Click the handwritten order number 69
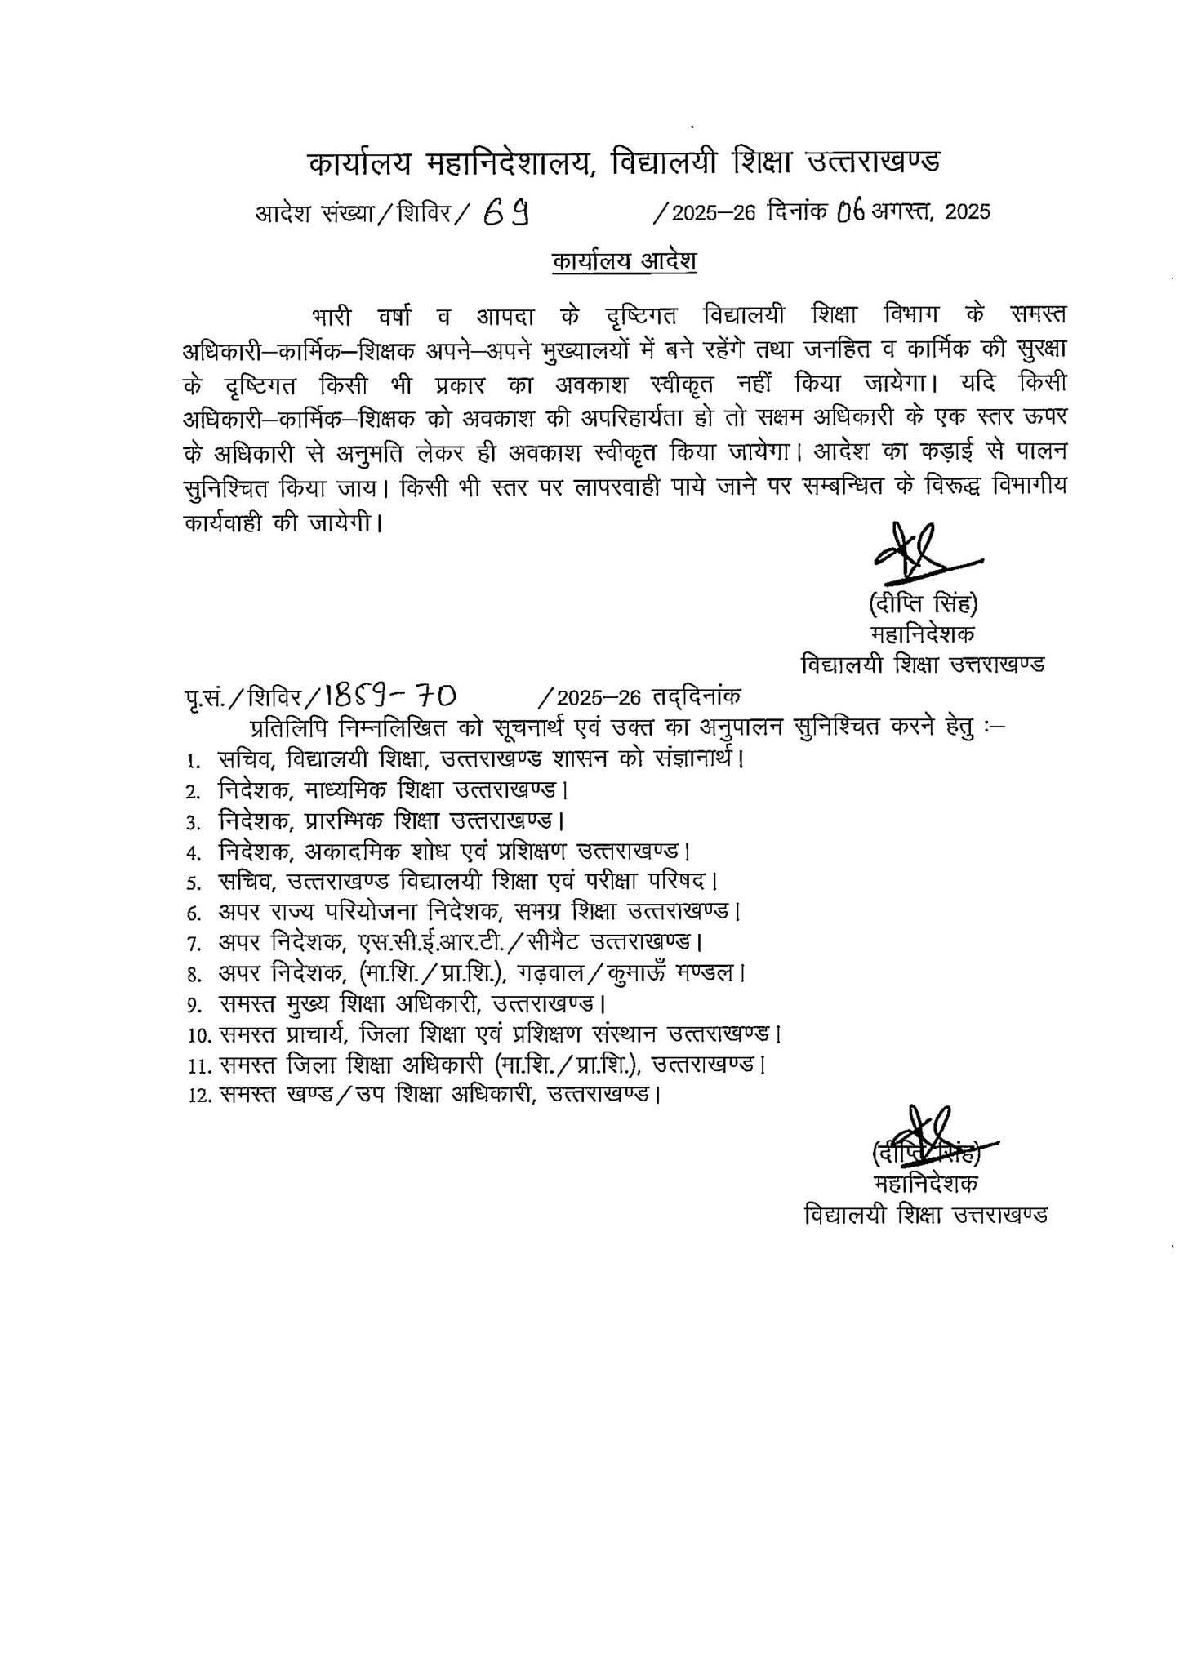(507, 213)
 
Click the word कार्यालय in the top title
(363, 162)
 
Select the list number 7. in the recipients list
(194, 945)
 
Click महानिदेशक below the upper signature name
(924, 634)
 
